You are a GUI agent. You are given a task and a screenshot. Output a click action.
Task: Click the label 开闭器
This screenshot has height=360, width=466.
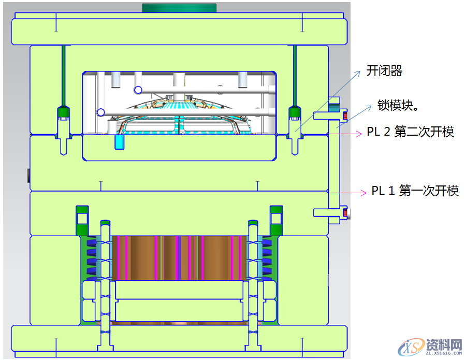point(384,71)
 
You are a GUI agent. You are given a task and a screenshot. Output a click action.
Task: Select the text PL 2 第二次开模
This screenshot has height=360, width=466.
point(411,132)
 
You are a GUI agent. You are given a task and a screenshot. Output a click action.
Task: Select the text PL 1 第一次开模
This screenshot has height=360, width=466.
point(415,191)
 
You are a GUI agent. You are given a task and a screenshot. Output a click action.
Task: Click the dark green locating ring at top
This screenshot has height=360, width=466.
point(179,8)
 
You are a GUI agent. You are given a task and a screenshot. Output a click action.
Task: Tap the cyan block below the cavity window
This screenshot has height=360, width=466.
point(120,142)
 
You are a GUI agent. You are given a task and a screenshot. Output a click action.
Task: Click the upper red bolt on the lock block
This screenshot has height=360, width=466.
point(345,115)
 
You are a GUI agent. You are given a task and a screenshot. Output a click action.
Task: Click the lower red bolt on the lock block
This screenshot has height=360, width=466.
point(345,213)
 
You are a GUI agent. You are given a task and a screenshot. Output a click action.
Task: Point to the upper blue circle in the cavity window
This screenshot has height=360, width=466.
point(138,90)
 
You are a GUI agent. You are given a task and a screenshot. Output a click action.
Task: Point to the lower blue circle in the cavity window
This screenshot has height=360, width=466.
point(101,112)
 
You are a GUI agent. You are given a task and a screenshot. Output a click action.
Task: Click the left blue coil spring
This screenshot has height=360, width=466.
point(92,258)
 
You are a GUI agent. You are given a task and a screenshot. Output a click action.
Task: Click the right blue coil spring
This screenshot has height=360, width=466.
point(267,258)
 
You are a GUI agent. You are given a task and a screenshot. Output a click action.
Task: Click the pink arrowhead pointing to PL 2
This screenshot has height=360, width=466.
point(360,134)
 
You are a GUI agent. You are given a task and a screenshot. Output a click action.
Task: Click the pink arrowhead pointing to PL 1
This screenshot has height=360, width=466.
point(364,193)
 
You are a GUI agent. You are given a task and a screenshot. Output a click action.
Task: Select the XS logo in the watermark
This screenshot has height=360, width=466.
point(411,347)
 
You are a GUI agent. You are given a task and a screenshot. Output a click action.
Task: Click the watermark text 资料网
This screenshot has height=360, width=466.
point(444,345)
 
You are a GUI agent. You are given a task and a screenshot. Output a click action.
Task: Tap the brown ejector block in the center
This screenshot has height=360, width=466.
point(179,258)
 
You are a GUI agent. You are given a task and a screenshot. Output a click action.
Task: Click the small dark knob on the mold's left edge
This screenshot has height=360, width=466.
point(28,176)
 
